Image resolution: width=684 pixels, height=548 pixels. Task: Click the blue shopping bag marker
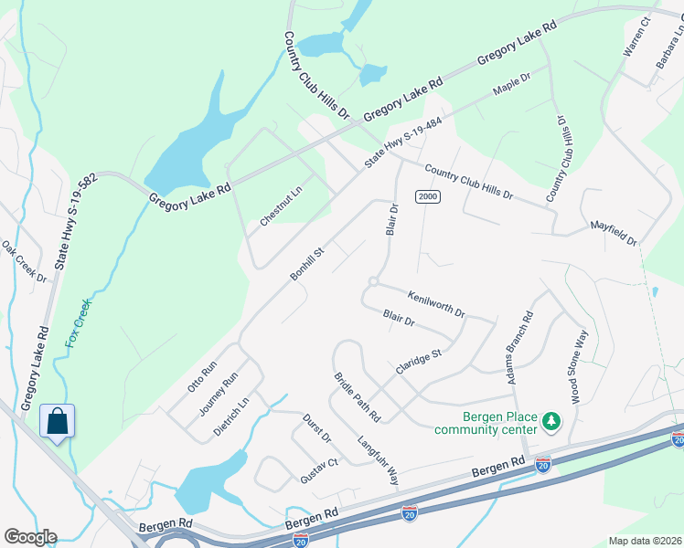[x=57, y=422]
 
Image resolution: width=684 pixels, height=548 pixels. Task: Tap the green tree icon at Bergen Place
[x=550, y=421]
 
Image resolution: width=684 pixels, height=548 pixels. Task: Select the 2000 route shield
[x=427, y=196]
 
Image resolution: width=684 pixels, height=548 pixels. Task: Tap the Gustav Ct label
[x=319, y=470]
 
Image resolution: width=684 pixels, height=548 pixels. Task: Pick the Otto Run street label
[x=202, y=376]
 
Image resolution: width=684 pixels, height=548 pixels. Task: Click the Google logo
[x=29, y=537]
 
